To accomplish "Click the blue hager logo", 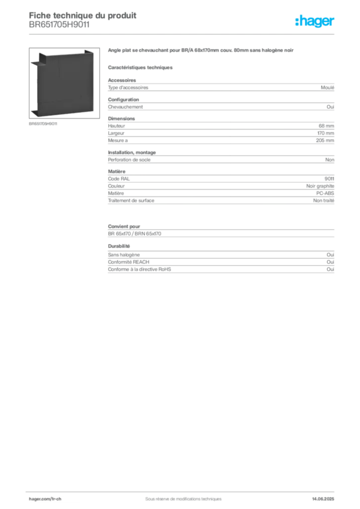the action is (x=316, y=22).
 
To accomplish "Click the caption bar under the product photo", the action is (x=44, y=124).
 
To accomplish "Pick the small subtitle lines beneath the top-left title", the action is (x=60, y=28).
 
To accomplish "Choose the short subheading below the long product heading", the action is (x=141, y=67).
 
